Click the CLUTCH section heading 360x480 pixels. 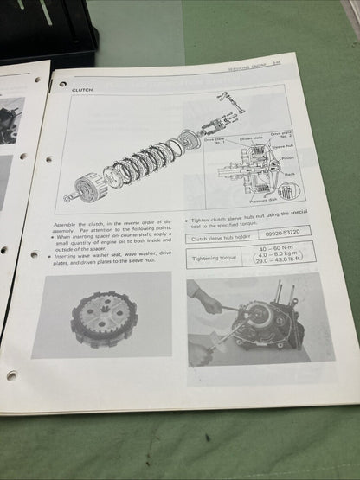pyautogui.click(x=83, y=88)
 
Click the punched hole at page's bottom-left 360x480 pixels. pyautogui.click(x=11, y=375)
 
